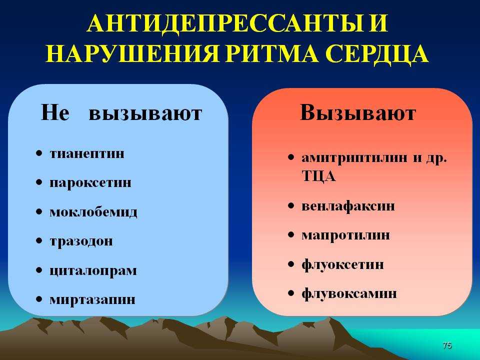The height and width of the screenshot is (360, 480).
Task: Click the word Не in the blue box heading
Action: pos(55,112)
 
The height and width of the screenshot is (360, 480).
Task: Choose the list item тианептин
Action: pos(87,153)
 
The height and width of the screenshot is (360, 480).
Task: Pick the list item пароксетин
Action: pos(90,183)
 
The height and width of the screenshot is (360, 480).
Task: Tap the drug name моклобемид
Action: pos(93,212)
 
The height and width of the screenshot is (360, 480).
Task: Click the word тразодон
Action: pos(81,241)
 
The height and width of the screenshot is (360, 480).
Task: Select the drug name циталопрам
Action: pos(93,270)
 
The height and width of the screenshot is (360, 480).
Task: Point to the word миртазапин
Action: pos(92,299)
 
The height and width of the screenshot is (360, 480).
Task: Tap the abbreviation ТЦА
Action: pos(318,176)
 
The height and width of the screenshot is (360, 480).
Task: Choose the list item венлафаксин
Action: pos(348,205)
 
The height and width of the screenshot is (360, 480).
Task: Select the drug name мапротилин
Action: pos(345,235)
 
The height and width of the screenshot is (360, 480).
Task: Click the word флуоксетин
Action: pos(342,264)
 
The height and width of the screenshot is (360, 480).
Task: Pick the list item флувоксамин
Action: pos(349,293)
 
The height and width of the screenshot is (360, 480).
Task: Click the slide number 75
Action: pos(447,345)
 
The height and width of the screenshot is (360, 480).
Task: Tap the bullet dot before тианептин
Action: pos(39,153)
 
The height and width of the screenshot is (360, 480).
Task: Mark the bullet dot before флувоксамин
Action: pos(291,293)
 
